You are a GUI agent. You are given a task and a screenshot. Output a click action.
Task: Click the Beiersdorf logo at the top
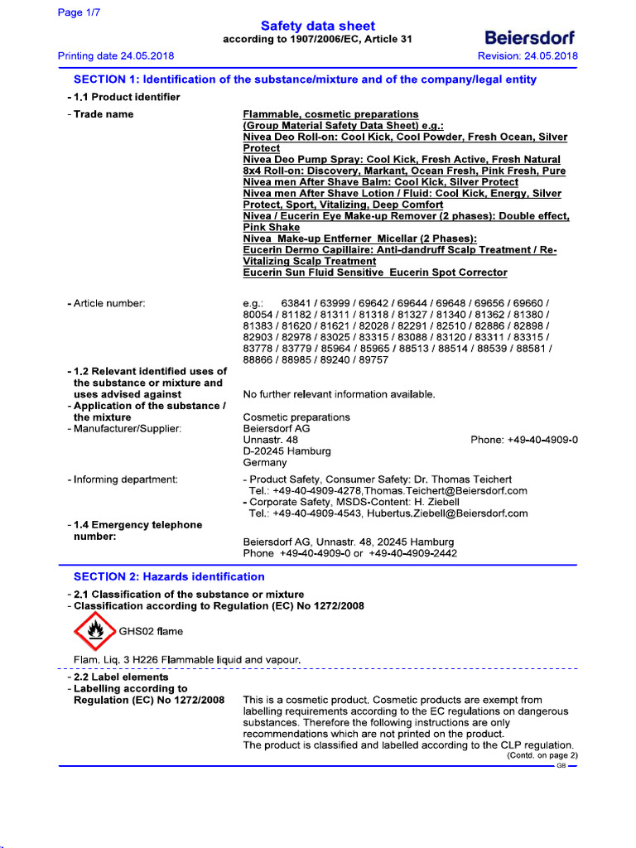pyautogui.click(x=529, y=38)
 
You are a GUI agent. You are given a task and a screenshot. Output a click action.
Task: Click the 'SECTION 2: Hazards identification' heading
pyautogui.click(x=169, y=576)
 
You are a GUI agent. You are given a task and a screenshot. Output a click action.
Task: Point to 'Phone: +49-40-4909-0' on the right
pyautogui.click(x=524, y=440)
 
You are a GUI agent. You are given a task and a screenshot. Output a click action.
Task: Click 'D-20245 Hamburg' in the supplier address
pyautogui.click(x=287, y=451)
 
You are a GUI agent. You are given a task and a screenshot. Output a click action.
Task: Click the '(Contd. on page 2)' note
pyautogui.click(x=542, y=755)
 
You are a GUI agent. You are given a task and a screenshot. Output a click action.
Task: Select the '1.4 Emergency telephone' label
pyautogui.click(x=137, y=525)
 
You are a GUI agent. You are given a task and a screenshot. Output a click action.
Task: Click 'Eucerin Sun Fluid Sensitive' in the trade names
pyautogui.click(x=313, y=272)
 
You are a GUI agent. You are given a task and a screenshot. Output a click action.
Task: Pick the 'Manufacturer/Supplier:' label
pyautogui.click(x=123, y=428)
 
